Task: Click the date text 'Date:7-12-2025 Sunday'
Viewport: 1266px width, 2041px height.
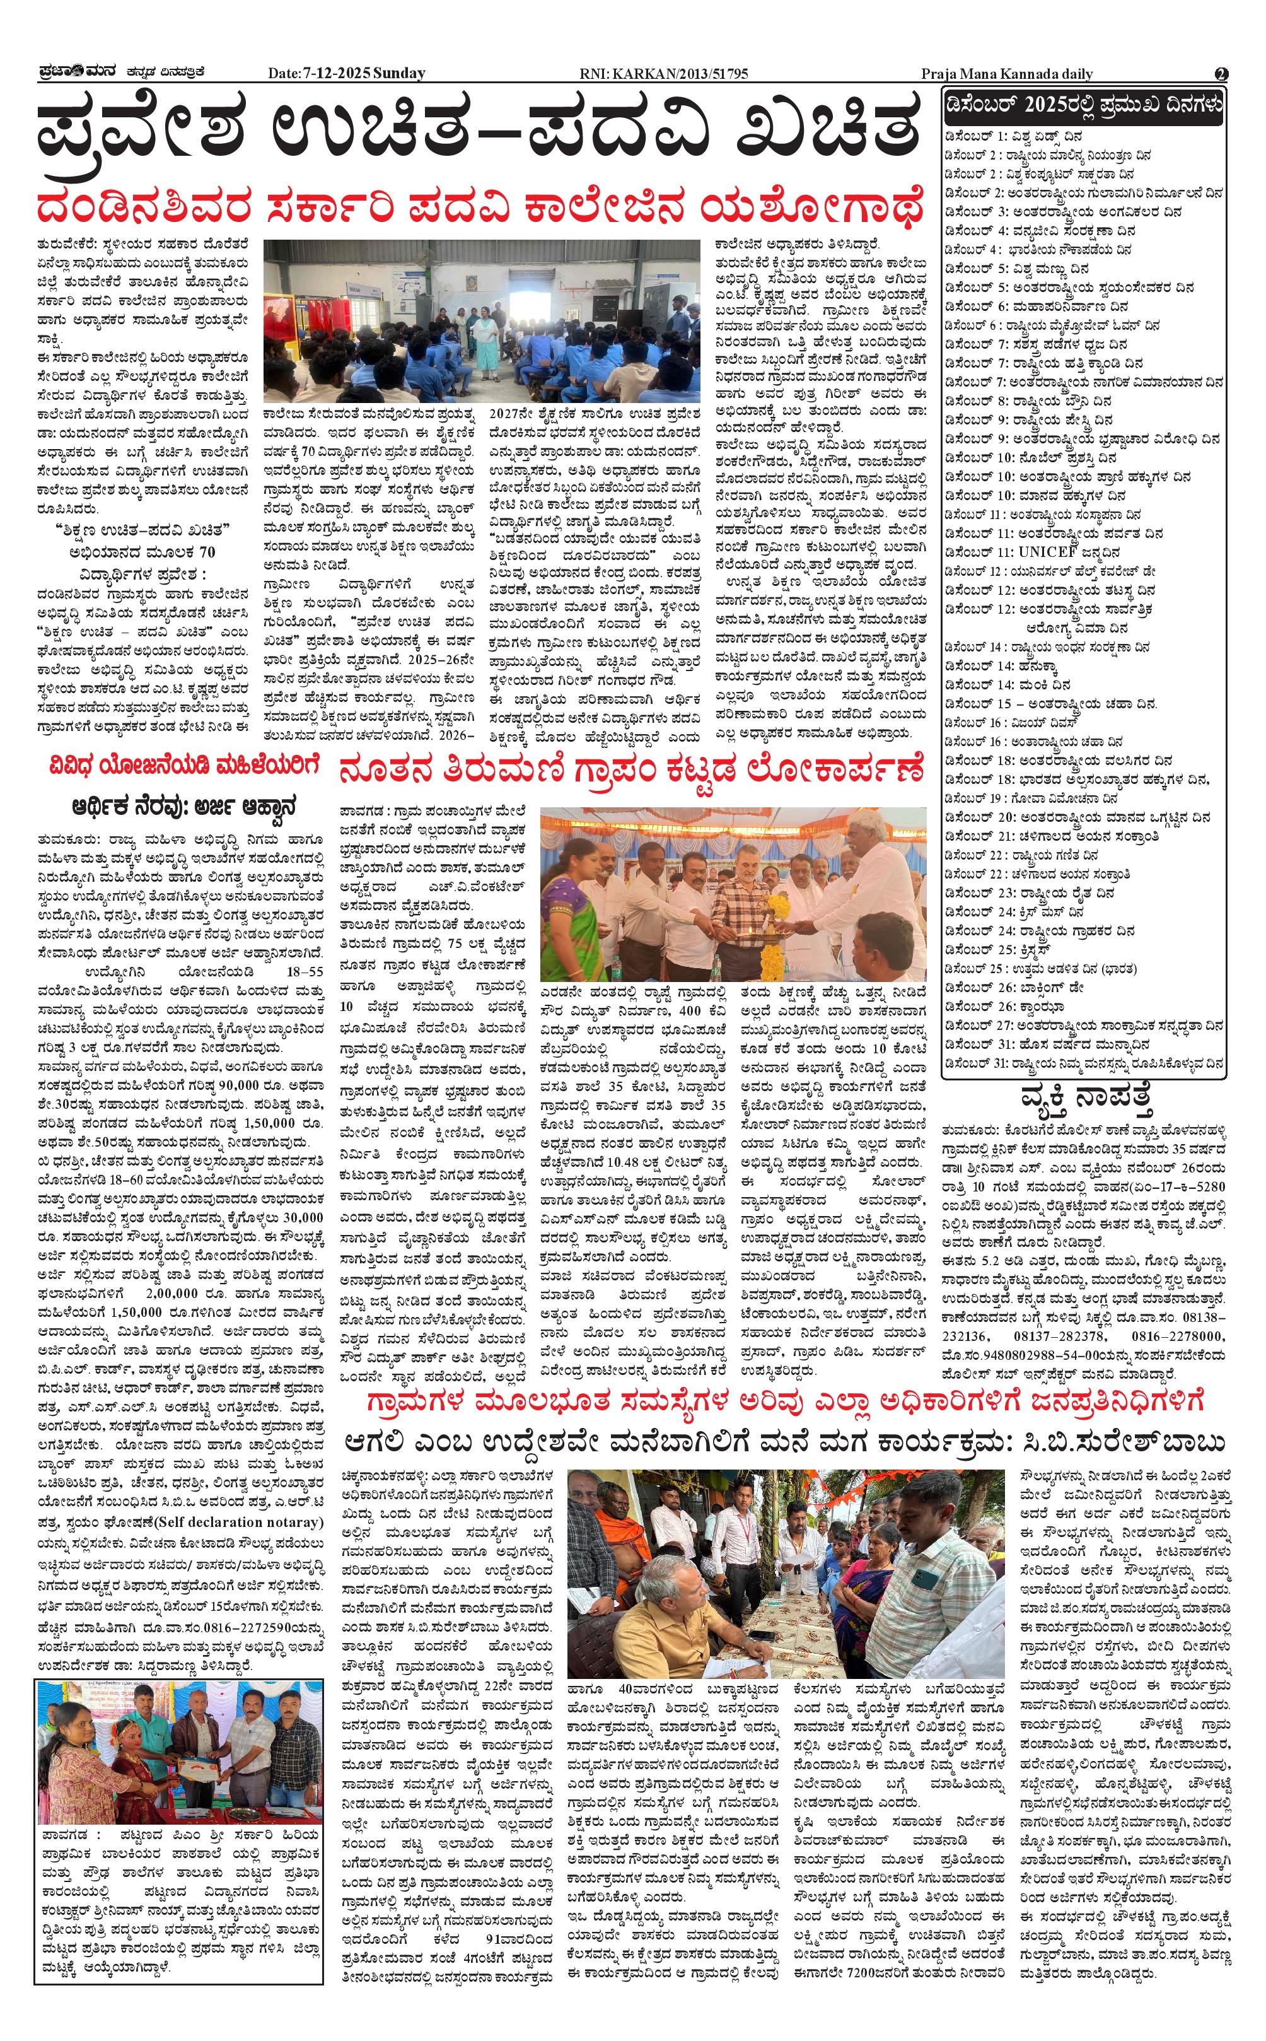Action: coord(347,74)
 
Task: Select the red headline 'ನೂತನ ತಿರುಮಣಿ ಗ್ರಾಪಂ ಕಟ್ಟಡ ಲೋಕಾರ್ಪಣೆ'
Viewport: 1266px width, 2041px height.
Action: coord(632,768)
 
